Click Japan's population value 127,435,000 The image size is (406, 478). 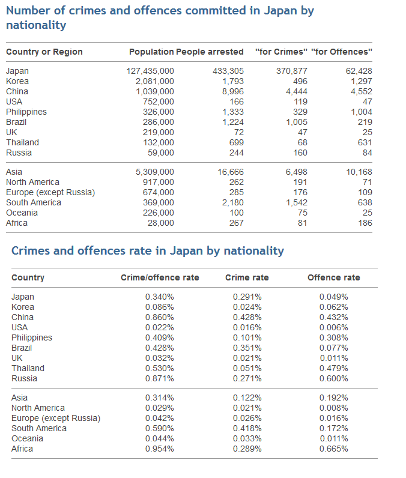[150, 71]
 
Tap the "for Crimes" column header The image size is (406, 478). [281, 52]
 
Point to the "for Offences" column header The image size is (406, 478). [342, 52]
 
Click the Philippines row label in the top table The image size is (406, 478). [26, 112]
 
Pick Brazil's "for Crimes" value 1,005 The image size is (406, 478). [296, 122]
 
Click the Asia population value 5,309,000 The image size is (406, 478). [155, 172]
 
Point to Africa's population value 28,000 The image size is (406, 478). [161, 223]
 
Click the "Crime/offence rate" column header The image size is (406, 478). [160, 277]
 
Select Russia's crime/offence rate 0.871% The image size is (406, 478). [160, 378]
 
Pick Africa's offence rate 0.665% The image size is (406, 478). [334, 449]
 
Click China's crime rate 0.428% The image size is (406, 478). [247, 317]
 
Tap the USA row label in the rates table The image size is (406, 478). [20, 327]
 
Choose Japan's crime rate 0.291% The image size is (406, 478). [247, 297]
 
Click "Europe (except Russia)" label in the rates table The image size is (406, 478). [56, 418]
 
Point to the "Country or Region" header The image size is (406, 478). [44, 52]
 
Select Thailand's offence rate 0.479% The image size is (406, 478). [334, 368]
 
